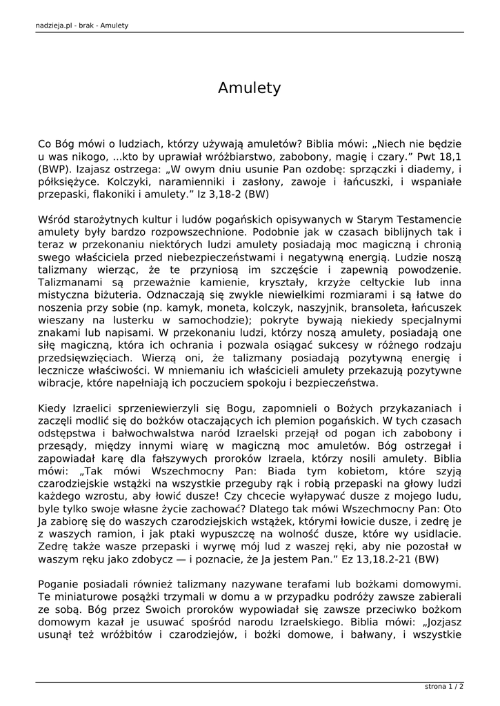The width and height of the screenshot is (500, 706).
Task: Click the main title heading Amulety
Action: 249,88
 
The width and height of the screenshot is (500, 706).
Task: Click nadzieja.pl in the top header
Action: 56,26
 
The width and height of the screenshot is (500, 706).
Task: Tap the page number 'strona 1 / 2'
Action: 443,687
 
